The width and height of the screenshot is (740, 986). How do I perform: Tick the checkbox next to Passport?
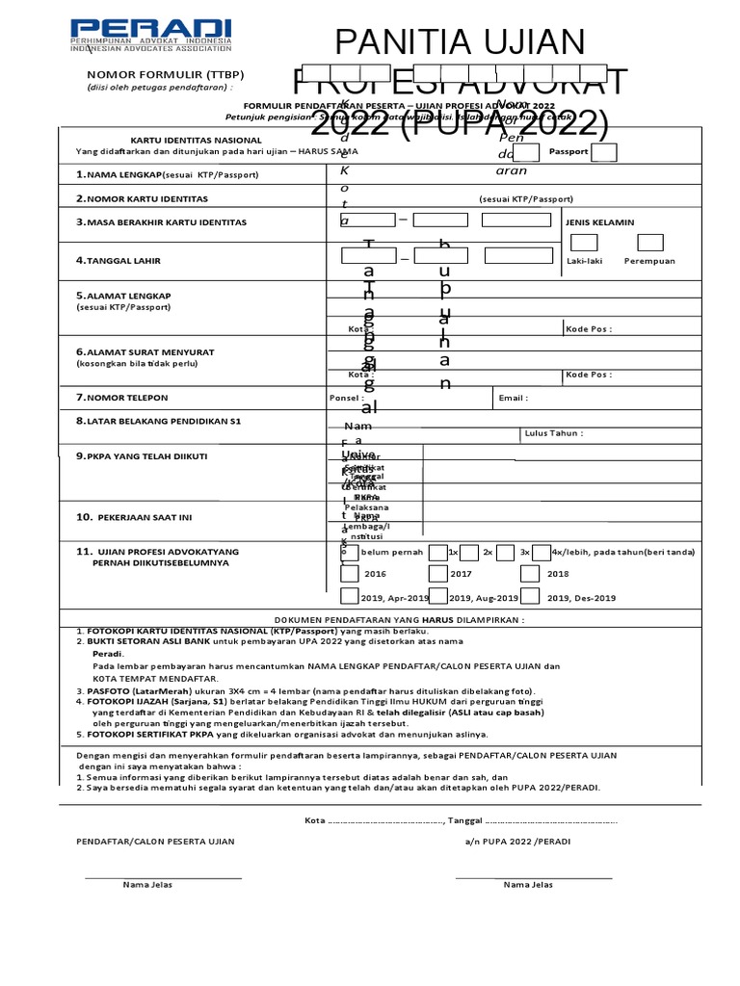(x=603, y=152)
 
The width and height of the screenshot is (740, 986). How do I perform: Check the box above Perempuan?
(x=650, y=242)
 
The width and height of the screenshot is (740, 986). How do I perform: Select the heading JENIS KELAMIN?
(x=600, y=222)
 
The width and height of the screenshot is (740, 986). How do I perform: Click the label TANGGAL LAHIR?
(x=122, y=260)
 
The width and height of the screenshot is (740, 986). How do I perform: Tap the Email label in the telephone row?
(x=513, y=398)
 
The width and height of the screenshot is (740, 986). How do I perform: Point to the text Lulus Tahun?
(x=554, y=433)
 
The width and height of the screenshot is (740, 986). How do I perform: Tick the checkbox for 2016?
(x=350, y=574)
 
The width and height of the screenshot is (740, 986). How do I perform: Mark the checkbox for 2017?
(x=438, y=574)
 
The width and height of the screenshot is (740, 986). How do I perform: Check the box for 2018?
(x=530, y=574)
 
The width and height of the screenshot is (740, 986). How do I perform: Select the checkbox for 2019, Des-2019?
(x=530, y=598)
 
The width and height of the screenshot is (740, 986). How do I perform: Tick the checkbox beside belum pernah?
(x=349, y=552)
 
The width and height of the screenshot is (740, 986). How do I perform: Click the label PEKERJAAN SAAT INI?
(x=149, y=517)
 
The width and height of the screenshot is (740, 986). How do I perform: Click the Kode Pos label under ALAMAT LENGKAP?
(x=589, y=329)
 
